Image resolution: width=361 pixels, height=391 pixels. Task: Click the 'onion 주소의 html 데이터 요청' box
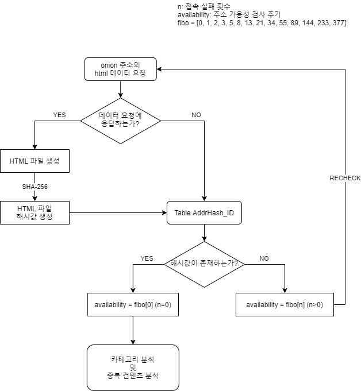pyautogui.click(x=120, y=69)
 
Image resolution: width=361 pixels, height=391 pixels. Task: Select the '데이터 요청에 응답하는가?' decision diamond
pyautogui.click(x=120, y=121)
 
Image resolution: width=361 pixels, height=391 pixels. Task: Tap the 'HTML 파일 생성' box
pyautogui.click(x=35, y=161)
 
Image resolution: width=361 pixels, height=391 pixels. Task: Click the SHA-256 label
pyautogui.click(x=34, y=187)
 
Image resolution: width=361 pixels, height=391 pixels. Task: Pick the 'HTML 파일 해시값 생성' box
pyautogui.click(x=35, y=212)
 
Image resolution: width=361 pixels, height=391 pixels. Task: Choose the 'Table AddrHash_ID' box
pyautogui.click(x=204, y=212)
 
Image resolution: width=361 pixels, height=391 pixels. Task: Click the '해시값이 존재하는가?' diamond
pyautogui.click(x=204, y=264)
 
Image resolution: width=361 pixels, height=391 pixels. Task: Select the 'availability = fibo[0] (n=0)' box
pyautogui.click(x=133, y=305)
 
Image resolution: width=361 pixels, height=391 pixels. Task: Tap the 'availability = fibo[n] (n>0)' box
pyautogui.click(x=285, y=305)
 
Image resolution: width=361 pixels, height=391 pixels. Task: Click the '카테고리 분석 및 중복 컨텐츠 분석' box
pyautogui.click(x=133, y=367)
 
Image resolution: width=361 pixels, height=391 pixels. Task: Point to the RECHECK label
pyautogui.click(x=345, y=178)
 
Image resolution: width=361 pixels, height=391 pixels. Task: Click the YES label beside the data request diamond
pyautogui.click(x=59, y=115)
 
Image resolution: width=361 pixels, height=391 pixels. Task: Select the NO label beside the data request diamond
pyautogui.click(x=196, y=115)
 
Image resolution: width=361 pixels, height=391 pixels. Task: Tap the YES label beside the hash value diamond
pyautogui.click(x=147, y=258)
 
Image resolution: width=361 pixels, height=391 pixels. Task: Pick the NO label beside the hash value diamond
pyautogui.click(x=264, y=258)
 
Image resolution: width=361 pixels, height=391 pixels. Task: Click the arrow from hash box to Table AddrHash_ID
pyautogui.click(x=118, y=212)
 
